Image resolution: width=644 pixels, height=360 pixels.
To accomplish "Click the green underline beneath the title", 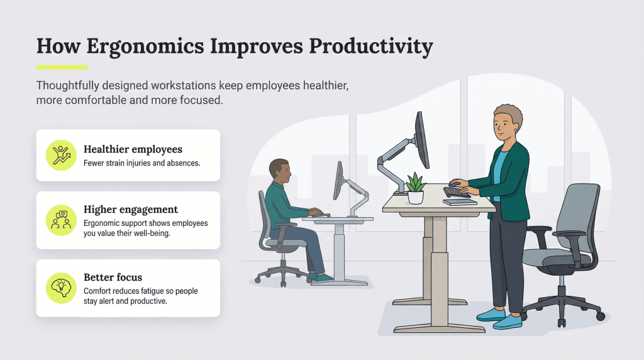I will (62, 67).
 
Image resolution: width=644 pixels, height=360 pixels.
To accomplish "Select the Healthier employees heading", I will (133, 150).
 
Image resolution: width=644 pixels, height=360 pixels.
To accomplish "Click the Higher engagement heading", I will (131, 210).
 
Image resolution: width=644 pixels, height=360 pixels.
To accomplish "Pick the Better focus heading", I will (113, 278).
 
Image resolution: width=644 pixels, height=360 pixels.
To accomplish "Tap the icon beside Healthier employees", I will (61, 155).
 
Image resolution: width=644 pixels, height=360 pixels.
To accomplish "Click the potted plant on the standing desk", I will (416, 189).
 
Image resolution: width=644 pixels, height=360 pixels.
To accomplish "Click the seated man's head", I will (279, 171).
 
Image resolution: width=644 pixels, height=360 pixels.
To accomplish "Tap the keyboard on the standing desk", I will (457, 192).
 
